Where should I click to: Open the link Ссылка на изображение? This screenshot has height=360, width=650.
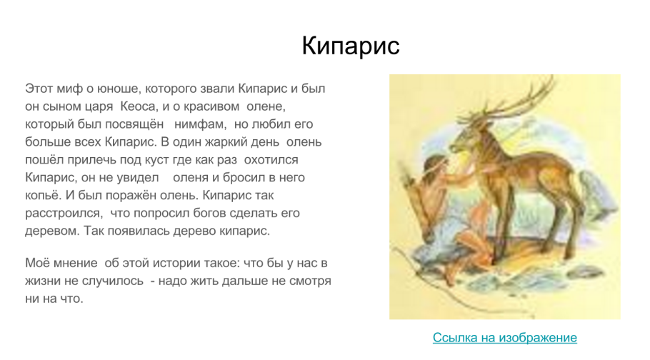504,337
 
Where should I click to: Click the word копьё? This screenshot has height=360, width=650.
43,194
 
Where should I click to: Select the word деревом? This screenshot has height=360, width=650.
53,230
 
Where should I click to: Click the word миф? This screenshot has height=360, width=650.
69,89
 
